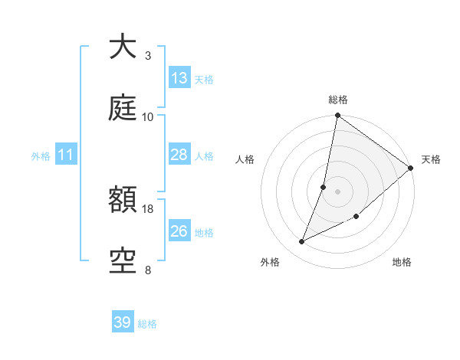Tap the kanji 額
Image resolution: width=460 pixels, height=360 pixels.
(x=123, y=201)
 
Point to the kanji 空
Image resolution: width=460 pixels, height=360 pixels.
(x=123, y=261)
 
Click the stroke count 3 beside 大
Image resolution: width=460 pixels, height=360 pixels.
(x=148, y=55)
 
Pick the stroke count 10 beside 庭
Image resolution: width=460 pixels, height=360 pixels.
(x=148, y=117)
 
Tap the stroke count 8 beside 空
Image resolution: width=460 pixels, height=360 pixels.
(x=148, y=270)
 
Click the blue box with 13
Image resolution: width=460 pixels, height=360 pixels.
(x=179, y=78)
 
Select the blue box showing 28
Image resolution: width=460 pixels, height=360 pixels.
(x=179, y=155)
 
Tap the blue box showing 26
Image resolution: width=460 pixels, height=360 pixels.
(x=179, y=231)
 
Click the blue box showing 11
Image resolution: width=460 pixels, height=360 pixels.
(x=66, y=155)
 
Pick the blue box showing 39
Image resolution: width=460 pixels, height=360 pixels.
(x=123, y=322)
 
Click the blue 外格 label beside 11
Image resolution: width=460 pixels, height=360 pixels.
(x=41, y=155)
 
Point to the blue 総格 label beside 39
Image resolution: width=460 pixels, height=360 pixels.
(x=147, y=323)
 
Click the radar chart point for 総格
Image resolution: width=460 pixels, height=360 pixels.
(x=337, y=116)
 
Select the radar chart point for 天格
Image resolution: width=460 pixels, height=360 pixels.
(x=410, y=169)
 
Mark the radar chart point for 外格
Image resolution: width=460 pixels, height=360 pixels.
(x=302, y=242)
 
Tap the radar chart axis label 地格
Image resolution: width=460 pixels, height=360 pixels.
(x=402, y=262)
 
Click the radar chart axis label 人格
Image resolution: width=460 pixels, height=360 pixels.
(x=245, y=159)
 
